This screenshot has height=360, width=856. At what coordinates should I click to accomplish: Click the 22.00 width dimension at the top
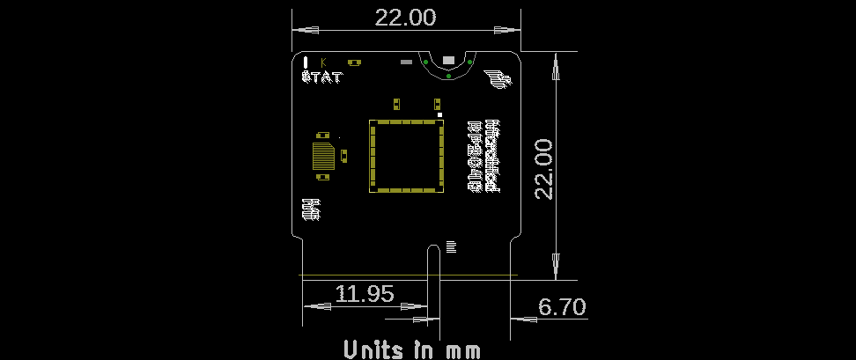point(405,18)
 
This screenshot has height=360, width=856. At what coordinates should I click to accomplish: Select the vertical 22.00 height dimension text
point(543,168)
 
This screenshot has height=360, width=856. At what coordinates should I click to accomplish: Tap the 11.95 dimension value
point(365,294)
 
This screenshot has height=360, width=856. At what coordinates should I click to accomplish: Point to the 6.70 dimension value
point(562,307)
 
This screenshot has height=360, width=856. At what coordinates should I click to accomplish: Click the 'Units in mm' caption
point(412,349)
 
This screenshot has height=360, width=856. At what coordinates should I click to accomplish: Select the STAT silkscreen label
point(321,77)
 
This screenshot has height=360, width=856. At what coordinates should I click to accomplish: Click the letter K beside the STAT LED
point(324,62)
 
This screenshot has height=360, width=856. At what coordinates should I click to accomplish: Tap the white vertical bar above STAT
point(305,62)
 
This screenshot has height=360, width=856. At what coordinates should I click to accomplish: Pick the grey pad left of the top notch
point(406,62)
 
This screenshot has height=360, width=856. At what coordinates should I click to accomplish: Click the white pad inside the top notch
point(448,60)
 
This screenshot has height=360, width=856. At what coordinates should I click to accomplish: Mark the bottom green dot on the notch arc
point(448,77)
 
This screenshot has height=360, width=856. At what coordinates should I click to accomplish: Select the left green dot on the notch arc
point(426,62)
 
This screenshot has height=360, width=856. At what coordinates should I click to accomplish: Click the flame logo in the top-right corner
point(498,79)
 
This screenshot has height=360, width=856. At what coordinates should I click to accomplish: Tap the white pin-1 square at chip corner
point(439,114)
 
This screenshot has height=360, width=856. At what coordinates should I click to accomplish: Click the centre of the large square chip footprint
point(405,156)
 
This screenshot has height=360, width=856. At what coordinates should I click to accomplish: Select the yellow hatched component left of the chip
point(324,156)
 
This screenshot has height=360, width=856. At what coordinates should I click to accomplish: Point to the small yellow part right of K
point(354,62)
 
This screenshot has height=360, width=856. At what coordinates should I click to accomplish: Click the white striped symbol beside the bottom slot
point(452,246)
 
